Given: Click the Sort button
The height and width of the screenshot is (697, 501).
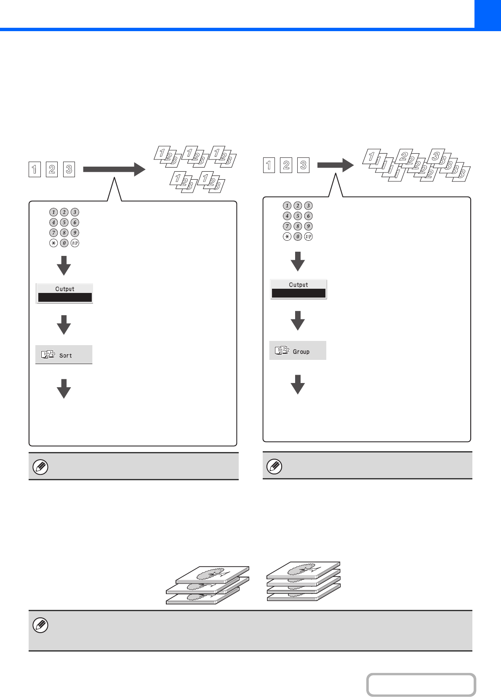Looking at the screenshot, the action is (64, 355).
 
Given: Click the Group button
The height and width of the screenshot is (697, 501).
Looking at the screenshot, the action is (298, 351).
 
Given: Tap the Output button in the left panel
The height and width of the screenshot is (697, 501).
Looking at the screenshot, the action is (64, 293).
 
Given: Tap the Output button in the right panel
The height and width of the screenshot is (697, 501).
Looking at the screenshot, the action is (298, 289).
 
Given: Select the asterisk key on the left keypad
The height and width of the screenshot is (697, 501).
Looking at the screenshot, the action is (53, 243).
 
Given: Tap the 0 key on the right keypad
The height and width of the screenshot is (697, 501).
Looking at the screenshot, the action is (298, 237).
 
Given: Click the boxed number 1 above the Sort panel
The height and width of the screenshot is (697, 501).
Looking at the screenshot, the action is (35, 170).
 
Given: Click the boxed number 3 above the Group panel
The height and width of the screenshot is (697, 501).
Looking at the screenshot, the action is (303, 165).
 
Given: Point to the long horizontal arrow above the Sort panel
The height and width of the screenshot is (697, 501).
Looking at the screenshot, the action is (114, 169).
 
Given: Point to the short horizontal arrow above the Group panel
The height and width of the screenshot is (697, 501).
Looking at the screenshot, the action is (335, 165).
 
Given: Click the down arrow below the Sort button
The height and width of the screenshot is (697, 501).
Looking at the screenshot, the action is (64, 388).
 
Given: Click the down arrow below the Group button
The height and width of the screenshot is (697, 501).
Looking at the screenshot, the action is (298, 384).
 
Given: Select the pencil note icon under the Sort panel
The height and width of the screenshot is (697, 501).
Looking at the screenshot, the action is (40, 467).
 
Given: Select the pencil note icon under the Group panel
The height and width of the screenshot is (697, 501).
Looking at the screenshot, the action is (274, 466).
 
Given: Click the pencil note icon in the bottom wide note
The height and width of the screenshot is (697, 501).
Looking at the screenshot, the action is (40, 625).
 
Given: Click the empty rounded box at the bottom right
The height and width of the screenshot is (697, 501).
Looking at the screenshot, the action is (421, 685).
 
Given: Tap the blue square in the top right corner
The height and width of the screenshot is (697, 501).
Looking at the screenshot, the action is (488, 14).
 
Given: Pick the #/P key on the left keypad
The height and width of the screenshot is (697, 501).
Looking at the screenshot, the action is (75, 243).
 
